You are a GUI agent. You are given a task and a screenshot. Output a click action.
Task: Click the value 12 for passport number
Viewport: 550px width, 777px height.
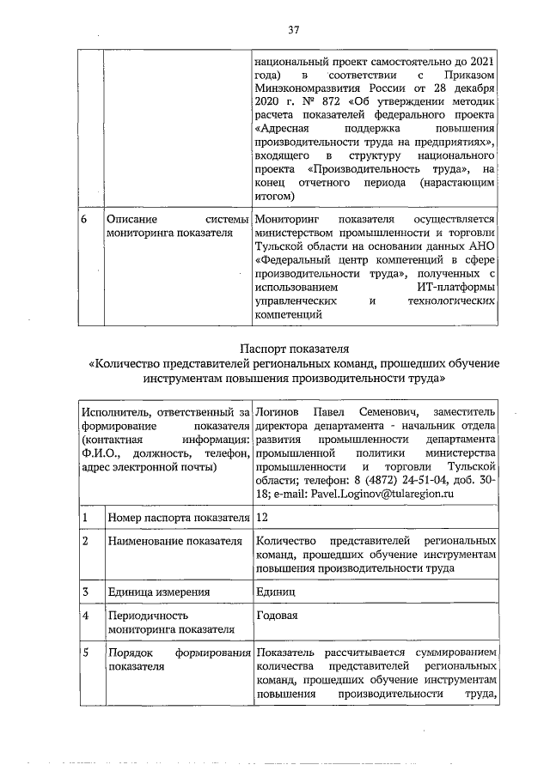pyautogui.click(x=262, y=519)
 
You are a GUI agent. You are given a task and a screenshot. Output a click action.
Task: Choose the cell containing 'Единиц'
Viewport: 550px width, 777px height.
pyautogui.click(x=275, y=592)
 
